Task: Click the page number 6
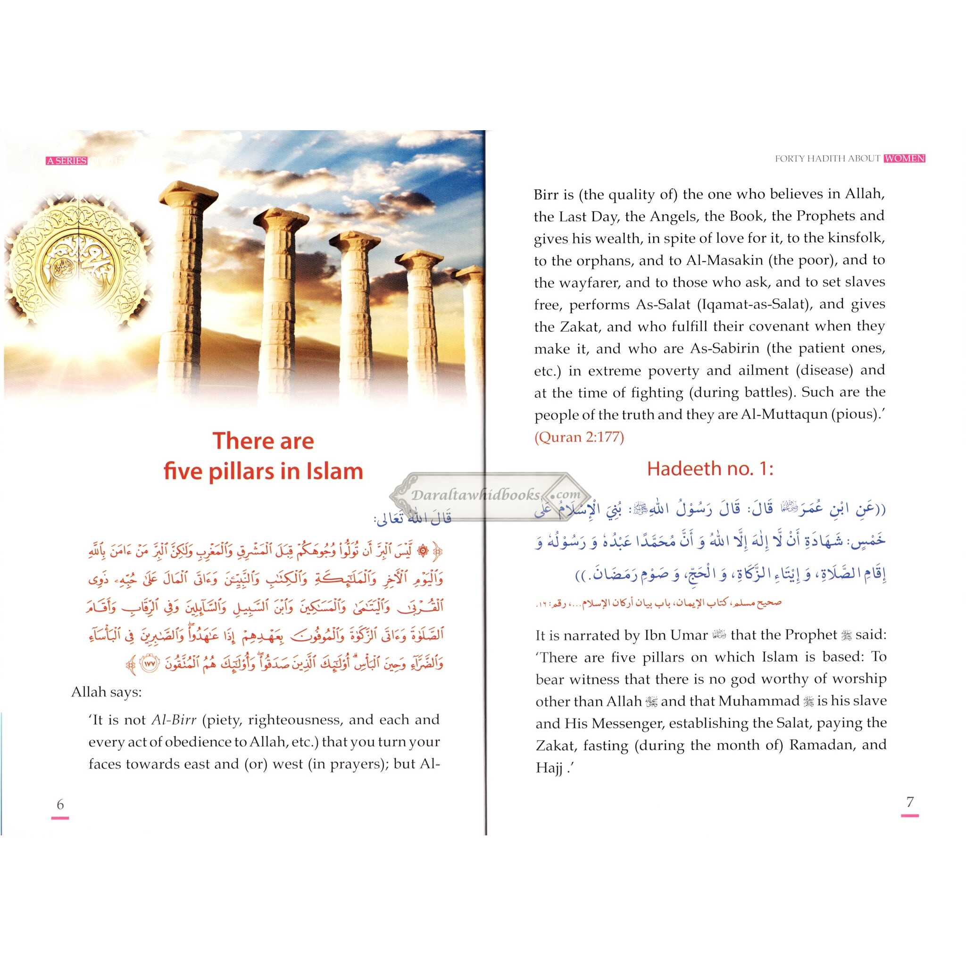60,804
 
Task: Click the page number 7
909,801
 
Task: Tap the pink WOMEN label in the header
905,158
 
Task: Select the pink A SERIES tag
67,161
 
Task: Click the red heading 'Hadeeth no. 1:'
710,469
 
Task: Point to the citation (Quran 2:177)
579,438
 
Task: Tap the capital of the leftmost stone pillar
189,192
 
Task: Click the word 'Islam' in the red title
334,472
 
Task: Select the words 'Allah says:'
107,692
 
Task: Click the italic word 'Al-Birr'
174,720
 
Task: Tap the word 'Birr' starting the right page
545,194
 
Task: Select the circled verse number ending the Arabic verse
150,664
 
